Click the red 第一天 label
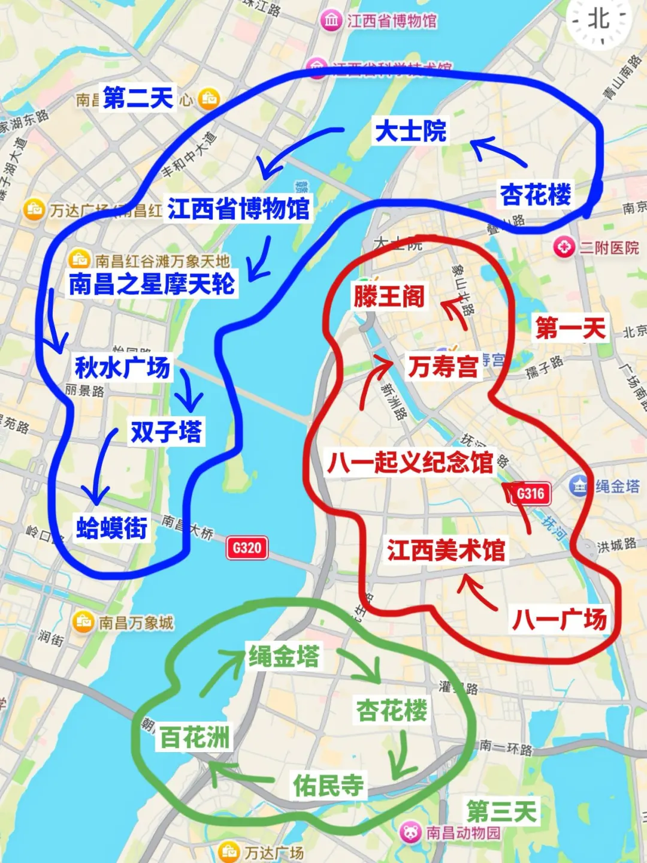(570, 328)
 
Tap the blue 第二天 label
(138, 98)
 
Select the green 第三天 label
(501, 811)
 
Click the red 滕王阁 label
(389, 296)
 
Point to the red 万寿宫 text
(443, 366)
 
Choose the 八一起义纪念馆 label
(410, 462)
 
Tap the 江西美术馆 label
(446, 550)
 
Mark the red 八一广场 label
(560, 619)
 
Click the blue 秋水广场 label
(122, 367)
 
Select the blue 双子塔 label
(166, 431)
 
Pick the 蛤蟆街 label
(111, 527)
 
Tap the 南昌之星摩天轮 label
(152, 283)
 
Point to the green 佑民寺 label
(328, 784)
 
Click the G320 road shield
(247, 547)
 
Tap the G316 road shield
(531, 493)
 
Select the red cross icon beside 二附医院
(564, 247)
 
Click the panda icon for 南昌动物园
(411, 832)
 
